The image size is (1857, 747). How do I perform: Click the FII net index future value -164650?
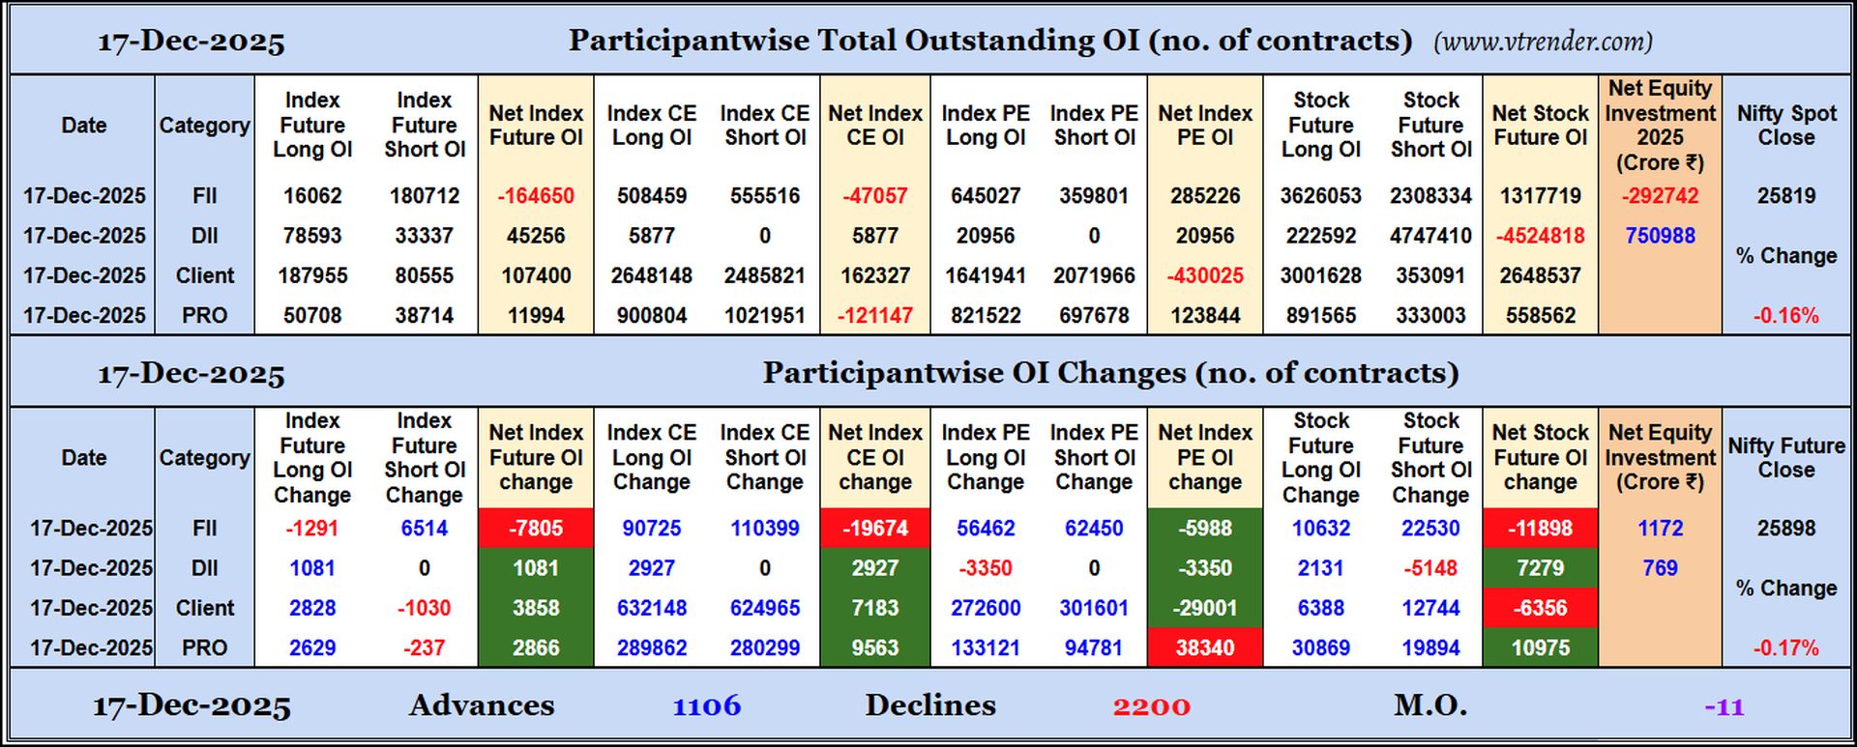[x=536, y=196]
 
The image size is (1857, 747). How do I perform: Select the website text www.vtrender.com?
[x=1544, y=42]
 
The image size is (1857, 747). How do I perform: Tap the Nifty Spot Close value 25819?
[x=1785, y=196]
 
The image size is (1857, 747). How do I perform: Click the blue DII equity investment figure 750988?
[x=1660, y=236]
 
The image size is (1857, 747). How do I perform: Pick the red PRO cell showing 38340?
[x=1204, y=647]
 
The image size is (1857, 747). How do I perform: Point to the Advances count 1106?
[x=707, y=706]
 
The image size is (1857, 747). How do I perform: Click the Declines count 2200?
[x=1151, y=706]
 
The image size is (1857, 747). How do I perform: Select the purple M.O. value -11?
[x=1724, y=707]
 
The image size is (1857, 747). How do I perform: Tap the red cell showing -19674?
[x=874, y=529]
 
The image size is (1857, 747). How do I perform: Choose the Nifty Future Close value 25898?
[x=1785, y=529]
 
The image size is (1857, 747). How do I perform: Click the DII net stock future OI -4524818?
[x=1540, y=236]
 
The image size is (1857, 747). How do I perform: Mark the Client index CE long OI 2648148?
[x=651, y=275]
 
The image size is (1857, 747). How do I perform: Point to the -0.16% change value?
[x=1785, y=316]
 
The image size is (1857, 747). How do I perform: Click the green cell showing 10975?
[x=1540, y=647]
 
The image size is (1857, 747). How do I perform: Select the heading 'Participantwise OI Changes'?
[x=1110, y=373]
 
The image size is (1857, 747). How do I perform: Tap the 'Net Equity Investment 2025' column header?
[x=1660, y=126]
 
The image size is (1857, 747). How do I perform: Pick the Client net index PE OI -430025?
[x=1204, y=275]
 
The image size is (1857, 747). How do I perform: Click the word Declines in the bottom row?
[x=929, y=705]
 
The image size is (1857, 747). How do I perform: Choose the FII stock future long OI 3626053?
[x=1320, y=196]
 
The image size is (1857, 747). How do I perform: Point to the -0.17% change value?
[x=1785, y=648]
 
